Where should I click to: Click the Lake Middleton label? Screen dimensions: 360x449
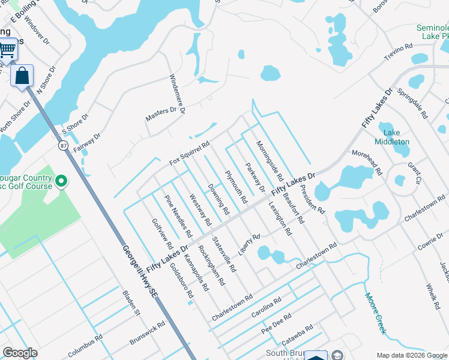click(391, 137)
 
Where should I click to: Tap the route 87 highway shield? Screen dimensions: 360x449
click(63, 145)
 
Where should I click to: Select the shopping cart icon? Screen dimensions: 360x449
click(7, 49)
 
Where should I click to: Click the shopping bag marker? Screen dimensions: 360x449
click(22, 76)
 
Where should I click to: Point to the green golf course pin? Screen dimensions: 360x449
click(61, 181)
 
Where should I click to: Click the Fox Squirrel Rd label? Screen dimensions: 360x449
click(190, 152)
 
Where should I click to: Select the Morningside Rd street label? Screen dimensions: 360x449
click(269, 161)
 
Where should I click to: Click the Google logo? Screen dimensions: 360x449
click(20, 352)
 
